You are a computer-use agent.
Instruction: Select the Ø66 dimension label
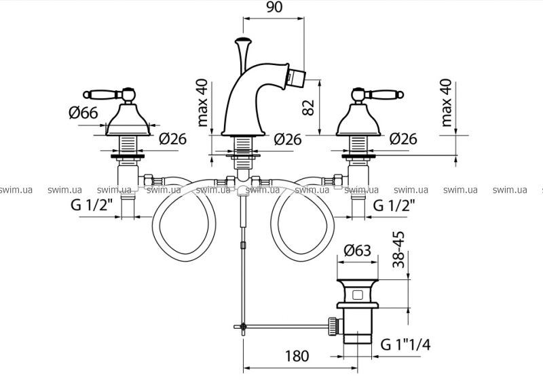point(83,113)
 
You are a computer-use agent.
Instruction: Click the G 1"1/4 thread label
point(405,345)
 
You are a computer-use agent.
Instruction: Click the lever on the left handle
point(102,93)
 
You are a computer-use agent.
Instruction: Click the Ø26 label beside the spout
point(288,140)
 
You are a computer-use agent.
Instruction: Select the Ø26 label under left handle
point(172,140)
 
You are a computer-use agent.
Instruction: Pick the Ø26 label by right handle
point(403,140)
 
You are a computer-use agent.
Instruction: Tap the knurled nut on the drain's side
point(332,325)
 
